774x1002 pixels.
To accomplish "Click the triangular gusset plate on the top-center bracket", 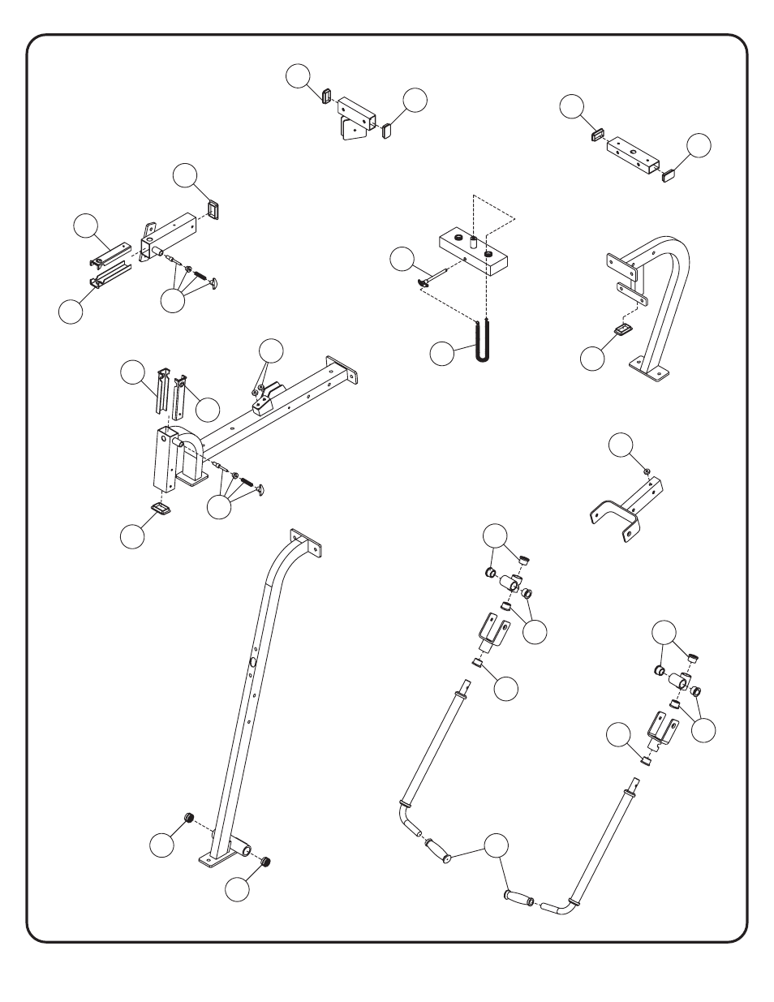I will [351, 130].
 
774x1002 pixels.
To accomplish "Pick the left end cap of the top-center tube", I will [325, 95].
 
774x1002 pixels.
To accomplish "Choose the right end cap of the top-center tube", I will [387, 129].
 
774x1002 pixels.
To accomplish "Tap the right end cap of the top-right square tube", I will [669, 174].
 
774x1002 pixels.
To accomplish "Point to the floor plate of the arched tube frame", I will [653, 372].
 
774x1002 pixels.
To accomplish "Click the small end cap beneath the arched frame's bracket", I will [623, 329].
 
